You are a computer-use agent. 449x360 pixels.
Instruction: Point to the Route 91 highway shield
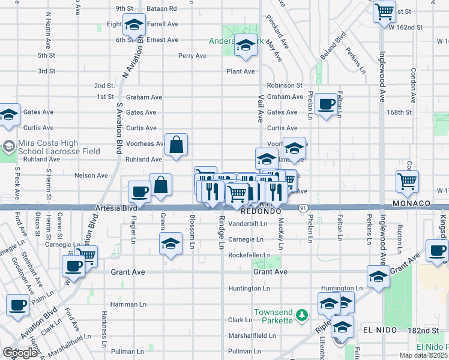coord(302,208)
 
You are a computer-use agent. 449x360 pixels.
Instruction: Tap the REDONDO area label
coord(261,212)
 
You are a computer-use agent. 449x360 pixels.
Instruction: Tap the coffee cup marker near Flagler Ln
coord(139,192)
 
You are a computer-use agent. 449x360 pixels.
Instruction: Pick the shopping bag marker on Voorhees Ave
coord(175,145)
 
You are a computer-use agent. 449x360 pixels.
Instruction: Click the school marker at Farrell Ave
coord(134,25)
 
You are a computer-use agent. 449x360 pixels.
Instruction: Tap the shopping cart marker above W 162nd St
coord(384,11)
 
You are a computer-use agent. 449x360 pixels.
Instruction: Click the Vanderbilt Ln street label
coord(247,224)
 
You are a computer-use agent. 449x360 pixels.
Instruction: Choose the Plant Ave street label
coord(241,71)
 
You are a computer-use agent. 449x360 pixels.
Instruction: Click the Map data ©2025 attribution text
coord(423,355)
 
